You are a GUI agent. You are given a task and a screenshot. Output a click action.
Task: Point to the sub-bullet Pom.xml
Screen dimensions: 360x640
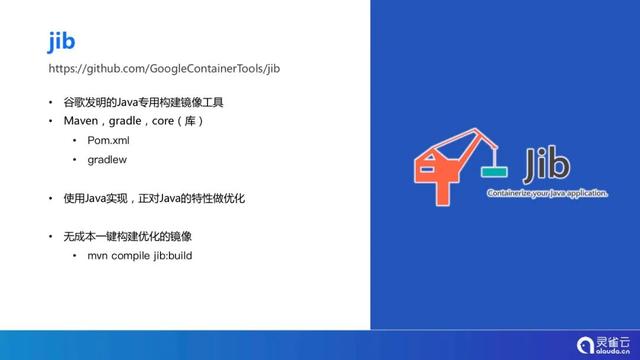coord(109,140)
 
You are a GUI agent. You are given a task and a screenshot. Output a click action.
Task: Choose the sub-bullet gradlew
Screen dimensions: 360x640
coord(107,159)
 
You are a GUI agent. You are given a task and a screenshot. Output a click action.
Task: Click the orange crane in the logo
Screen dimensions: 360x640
coord(440,165)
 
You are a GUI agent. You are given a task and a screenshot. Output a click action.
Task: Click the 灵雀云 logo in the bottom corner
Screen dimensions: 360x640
coord(604,343)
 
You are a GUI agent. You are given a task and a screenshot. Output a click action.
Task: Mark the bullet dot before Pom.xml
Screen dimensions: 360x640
coord(75,141)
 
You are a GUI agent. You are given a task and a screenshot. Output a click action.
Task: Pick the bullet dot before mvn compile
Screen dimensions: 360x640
coord(75,256)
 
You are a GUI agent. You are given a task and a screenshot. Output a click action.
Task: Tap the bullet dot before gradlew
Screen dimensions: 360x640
coord(75,160)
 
